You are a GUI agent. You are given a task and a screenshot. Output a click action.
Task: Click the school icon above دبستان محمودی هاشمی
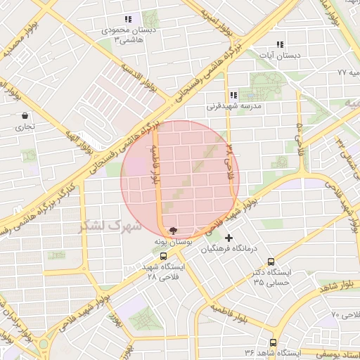point(127,20)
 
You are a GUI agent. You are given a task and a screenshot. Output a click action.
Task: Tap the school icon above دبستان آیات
point(281,44)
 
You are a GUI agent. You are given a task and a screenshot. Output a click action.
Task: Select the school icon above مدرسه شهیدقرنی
point(233,96)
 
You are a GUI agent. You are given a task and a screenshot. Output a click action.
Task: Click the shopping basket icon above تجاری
point(25,116)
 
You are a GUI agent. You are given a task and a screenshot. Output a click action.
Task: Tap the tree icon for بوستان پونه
point(173,230)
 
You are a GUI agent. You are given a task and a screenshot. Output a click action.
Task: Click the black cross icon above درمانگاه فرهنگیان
point(229,238)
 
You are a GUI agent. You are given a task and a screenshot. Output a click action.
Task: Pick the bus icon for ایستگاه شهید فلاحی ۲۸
point(163,257)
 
